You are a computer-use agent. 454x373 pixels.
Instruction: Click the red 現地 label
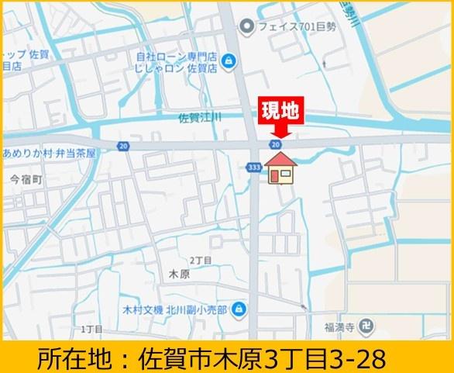(278, 110)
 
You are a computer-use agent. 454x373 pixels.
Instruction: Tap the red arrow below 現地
(278, 133)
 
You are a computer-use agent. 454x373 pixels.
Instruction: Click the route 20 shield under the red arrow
(276, 144)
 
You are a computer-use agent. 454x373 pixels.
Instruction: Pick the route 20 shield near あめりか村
(124, 145)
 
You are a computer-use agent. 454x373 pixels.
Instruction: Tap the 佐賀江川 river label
(199, 118)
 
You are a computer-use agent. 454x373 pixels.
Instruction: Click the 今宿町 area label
(25, 178)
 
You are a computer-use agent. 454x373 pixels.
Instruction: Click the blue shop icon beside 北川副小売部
(239, 309)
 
